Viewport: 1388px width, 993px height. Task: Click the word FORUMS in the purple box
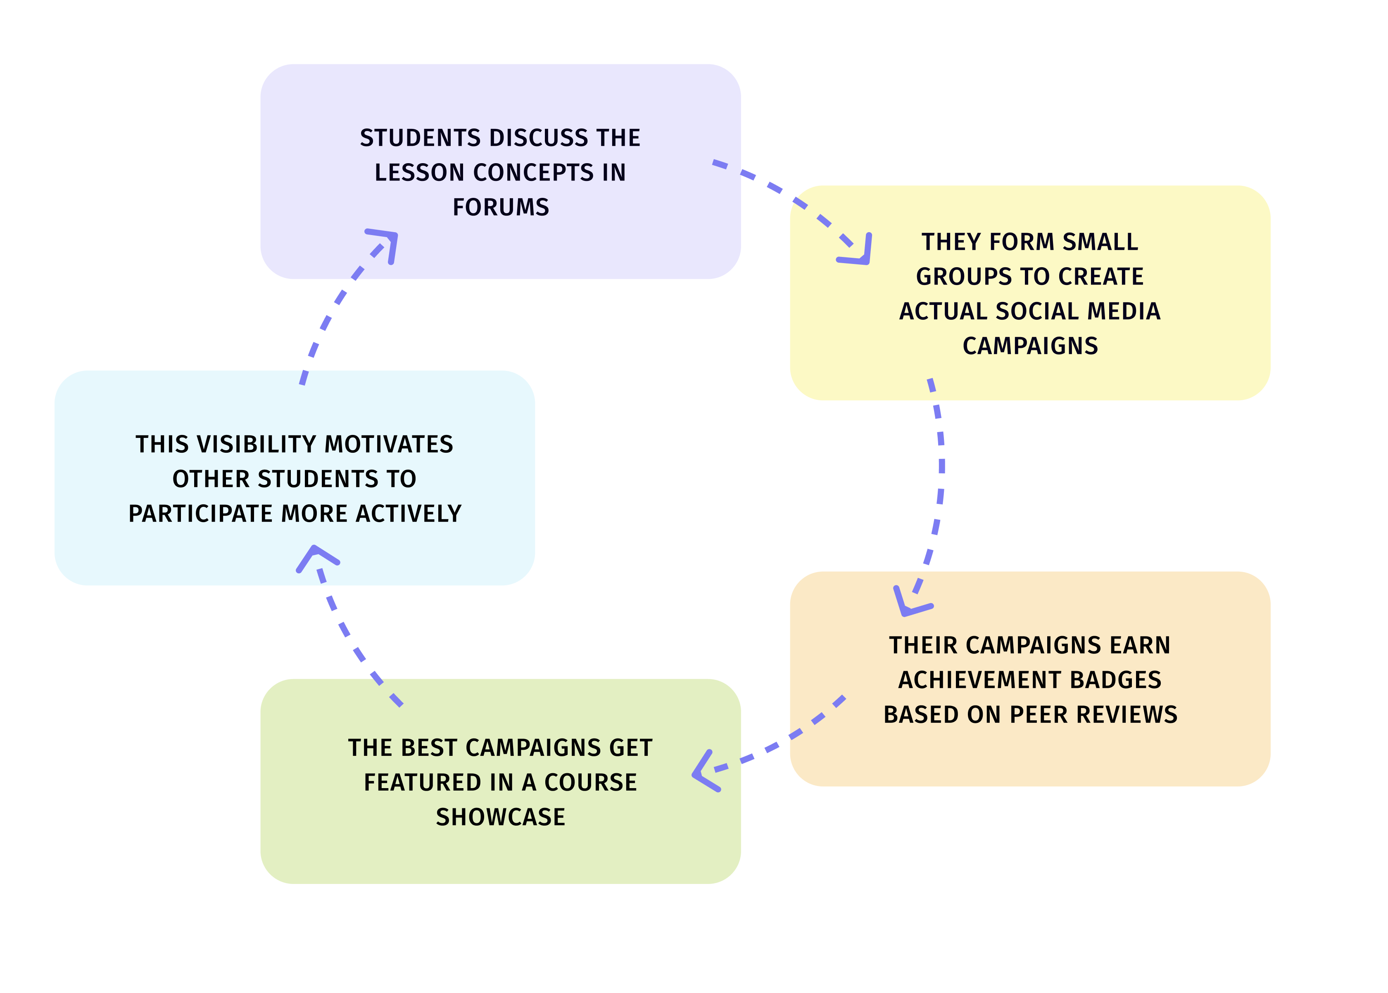500,207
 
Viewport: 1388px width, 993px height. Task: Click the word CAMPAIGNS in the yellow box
1030,346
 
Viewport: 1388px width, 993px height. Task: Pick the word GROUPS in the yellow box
954,276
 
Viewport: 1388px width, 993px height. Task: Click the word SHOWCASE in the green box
500,817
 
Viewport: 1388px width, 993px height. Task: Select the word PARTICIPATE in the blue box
201,513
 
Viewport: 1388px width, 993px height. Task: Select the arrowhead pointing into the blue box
316,555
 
